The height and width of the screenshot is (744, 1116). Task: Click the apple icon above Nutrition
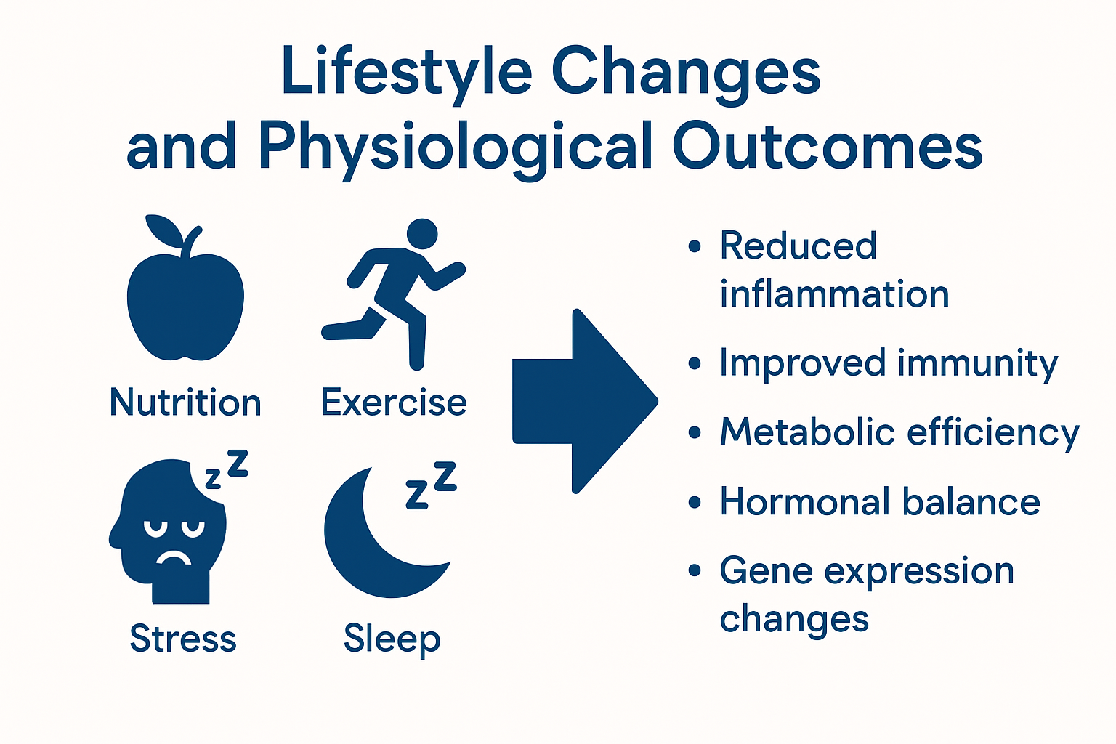click(185, 305)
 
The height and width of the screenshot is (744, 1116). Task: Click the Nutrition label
click(185, 403)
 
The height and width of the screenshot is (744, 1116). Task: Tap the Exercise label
click(394, 403)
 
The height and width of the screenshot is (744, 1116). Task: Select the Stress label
click(183, 639)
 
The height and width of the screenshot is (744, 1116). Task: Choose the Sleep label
click(392, 639)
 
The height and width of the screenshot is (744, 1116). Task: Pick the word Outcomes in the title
click(828, 147)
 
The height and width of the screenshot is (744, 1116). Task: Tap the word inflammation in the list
click(834, 295)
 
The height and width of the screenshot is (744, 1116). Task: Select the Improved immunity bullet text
click(888, 364)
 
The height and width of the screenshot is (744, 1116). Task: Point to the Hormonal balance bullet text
click(879, 502)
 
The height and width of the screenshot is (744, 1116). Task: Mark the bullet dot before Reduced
click(695, 247)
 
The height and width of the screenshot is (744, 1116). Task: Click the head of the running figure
click(422, 234)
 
